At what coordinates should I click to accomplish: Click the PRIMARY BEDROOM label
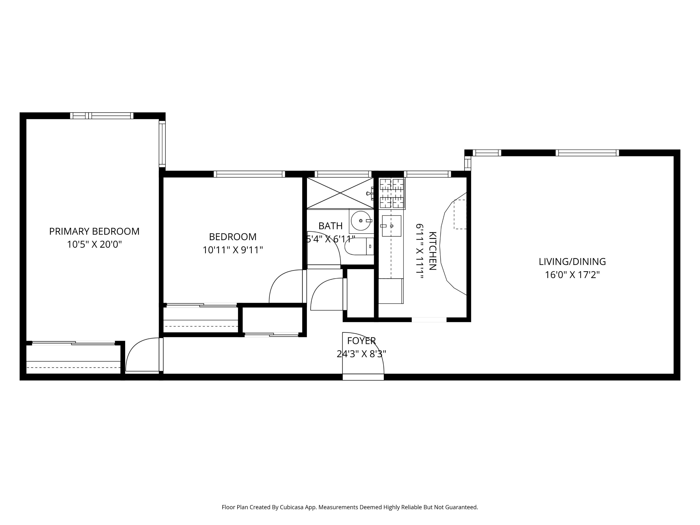(x=94, y=231)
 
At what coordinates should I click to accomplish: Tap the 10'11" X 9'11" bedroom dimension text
(x=233, y=250)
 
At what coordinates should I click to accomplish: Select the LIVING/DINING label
(x=572, y=262)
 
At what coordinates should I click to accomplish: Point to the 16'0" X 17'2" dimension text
(x=572, y=275)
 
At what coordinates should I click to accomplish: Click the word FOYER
(x=361, y=341)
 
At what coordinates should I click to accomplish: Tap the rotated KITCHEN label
(x=432, y=251)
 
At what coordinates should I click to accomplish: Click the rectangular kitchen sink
(x=392, y=226)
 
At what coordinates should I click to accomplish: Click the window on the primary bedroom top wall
(x=101, y=116)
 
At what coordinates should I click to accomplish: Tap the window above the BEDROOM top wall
(x=249, y=174)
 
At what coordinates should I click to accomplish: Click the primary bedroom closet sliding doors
(x=73, y=343)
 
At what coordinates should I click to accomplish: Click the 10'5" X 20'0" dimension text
(x=94, y=245)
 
